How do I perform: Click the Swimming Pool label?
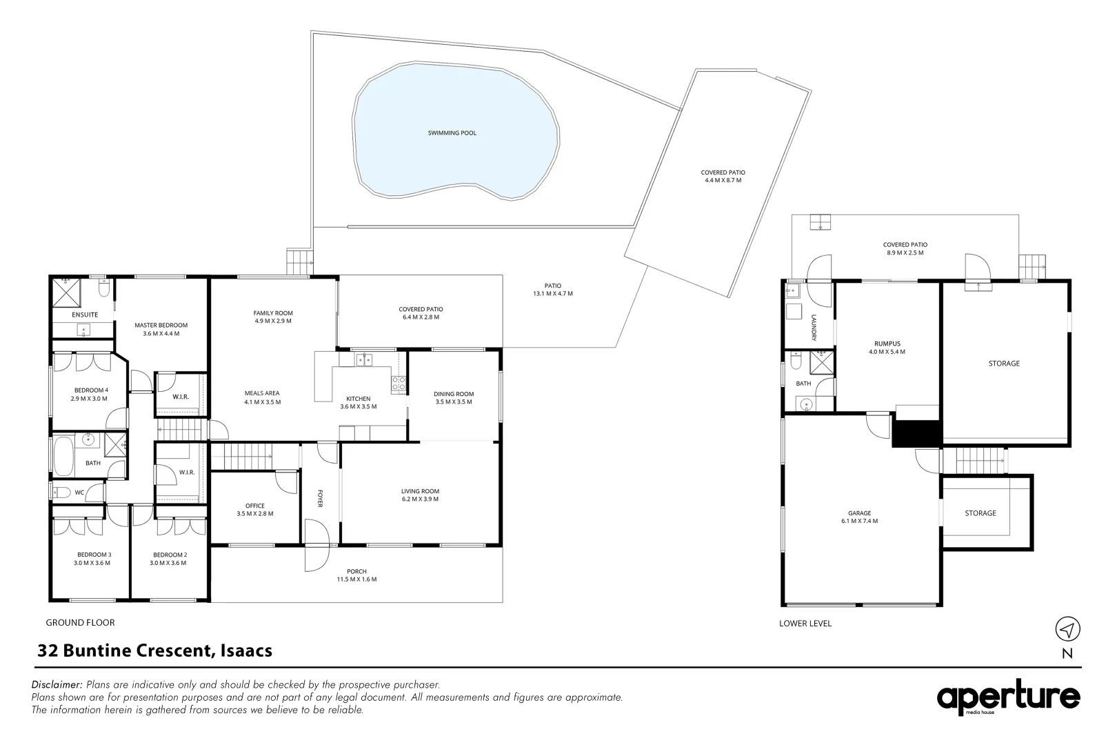click(452, 133)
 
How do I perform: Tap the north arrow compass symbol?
click(1067, 629)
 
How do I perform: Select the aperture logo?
click(1008, 697)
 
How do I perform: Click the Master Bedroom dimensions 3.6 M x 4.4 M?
click(161, 334)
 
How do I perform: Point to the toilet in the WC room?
click(61, 493)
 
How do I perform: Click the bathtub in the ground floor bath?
click(63, 457)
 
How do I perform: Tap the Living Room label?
click(420, 491)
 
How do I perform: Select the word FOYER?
click(320, 499)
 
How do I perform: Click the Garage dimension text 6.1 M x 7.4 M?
click(859, 521)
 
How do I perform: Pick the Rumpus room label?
click(887, 344)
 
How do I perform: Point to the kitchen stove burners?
click(399, 384)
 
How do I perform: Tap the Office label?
click(255, 506)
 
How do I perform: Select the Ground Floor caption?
click(80, 623)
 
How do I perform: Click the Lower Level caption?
click(805, 623)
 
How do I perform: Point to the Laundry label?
click(814, 328)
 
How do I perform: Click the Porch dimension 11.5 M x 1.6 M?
click(356, 579)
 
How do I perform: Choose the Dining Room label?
click(454, 394)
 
